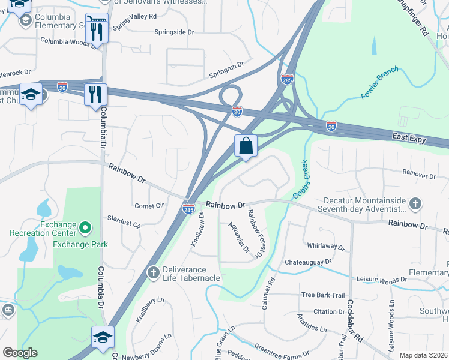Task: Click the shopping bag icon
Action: tap(246, 146)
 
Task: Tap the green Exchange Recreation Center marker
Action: tap(85, 227)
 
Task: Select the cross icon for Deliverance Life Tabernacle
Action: tap(154, 274)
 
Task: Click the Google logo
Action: tap(20, 353)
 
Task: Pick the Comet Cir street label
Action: tap(149, 205)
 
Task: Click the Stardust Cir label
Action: tap(123, 222)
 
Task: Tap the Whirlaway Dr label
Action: tap(325, 247)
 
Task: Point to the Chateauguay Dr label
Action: tap(308, 262)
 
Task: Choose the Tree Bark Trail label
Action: tap(323, 295)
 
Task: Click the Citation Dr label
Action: tap(329, 311)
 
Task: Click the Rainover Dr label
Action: tap(420, 175)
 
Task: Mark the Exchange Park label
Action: tap(80, 244)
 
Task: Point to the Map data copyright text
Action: tap(423, 355)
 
